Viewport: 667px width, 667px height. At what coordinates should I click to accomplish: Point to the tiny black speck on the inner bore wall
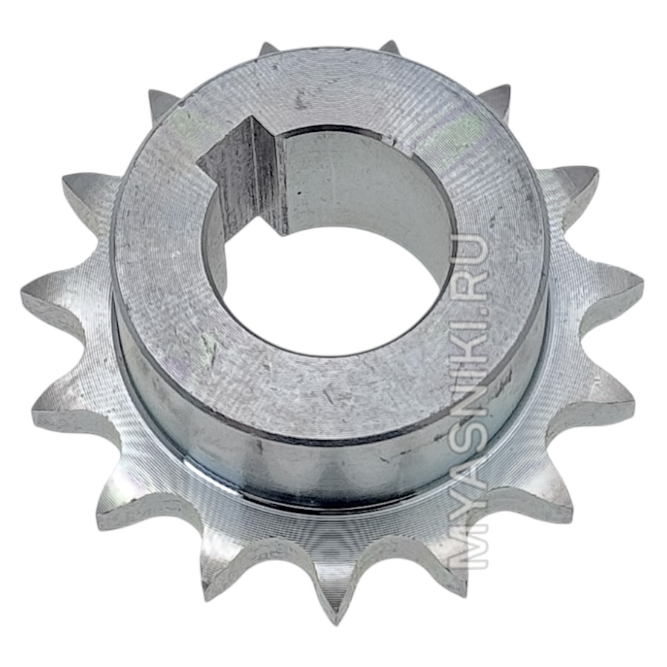coord(299,193)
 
